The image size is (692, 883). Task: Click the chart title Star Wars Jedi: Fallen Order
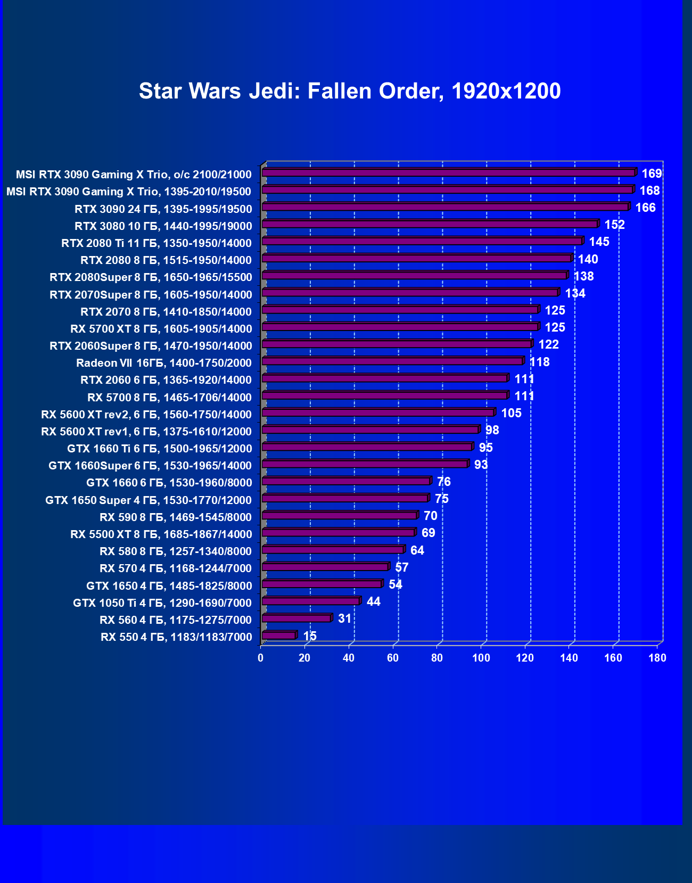pyautogui.click(x=350, y=91)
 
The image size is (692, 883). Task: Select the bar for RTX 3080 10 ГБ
pyautogui.click(x=430, y=225)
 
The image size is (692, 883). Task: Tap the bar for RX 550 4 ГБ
pyautogui.click(x=279, y=636)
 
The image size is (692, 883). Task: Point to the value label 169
pyautogui.click(x=652, y=174)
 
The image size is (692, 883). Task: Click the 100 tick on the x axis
pyautogui.click(x=481, y=658)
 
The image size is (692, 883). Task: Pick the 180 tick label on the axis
pyautogui.click(x=657, y=658)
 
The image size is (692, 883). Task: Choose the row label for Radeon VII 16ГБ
pyautogui.click(x=163, y=363)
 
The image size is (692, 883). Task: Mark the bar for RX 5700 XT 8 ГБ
pyautogui.click(x=400, y=327)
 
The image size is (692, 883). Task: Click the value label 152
pyautogui.click(x=614, y=225)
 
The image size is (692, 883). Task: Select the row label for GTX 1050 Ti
pyautogui.click(x=162, y=603)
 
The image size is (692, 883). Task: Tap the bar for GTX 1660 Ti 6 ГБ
pyautogui.click(x=367, y=447)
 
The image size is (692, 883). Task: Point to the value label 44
pyautogui.click(x=374, y=601)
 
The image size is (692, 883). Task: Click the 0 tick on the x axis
pyautogui.click(x=260, y=658)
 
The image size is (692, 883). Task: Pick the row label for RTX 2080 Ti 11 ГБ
pyautogui.click(x=156, y=243)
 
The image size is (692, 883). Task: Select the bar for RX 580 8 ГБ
pyautogui.click(x=333, y=550)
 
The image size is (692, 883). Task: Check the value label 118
pyautogui.click(x=539, y=362)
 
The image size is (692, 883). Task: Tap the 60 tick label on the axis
pyautogui.click(x=393, y=658)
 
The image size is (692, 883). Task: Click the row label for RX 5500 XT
pyautogui.click(x=161, y=534)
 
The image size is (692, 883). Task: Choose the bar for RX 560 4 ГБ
pyautogui.click(x=296, y=618)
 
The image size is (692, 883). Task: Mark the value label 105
pyautogui.click(x=511, y=413)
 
